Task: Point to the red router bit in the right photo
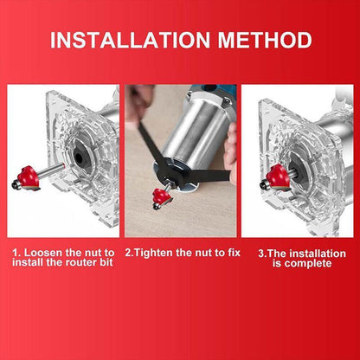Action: pyautogui.click(x=279, y=177)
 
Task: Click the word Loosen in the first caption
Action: pyautogui.click(x=43, y=253)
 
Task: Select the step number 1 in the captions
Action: pyautogui.click(x=15, y=253)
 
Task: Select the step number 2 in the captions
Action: pyautogui.click(x=129, y=253)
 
